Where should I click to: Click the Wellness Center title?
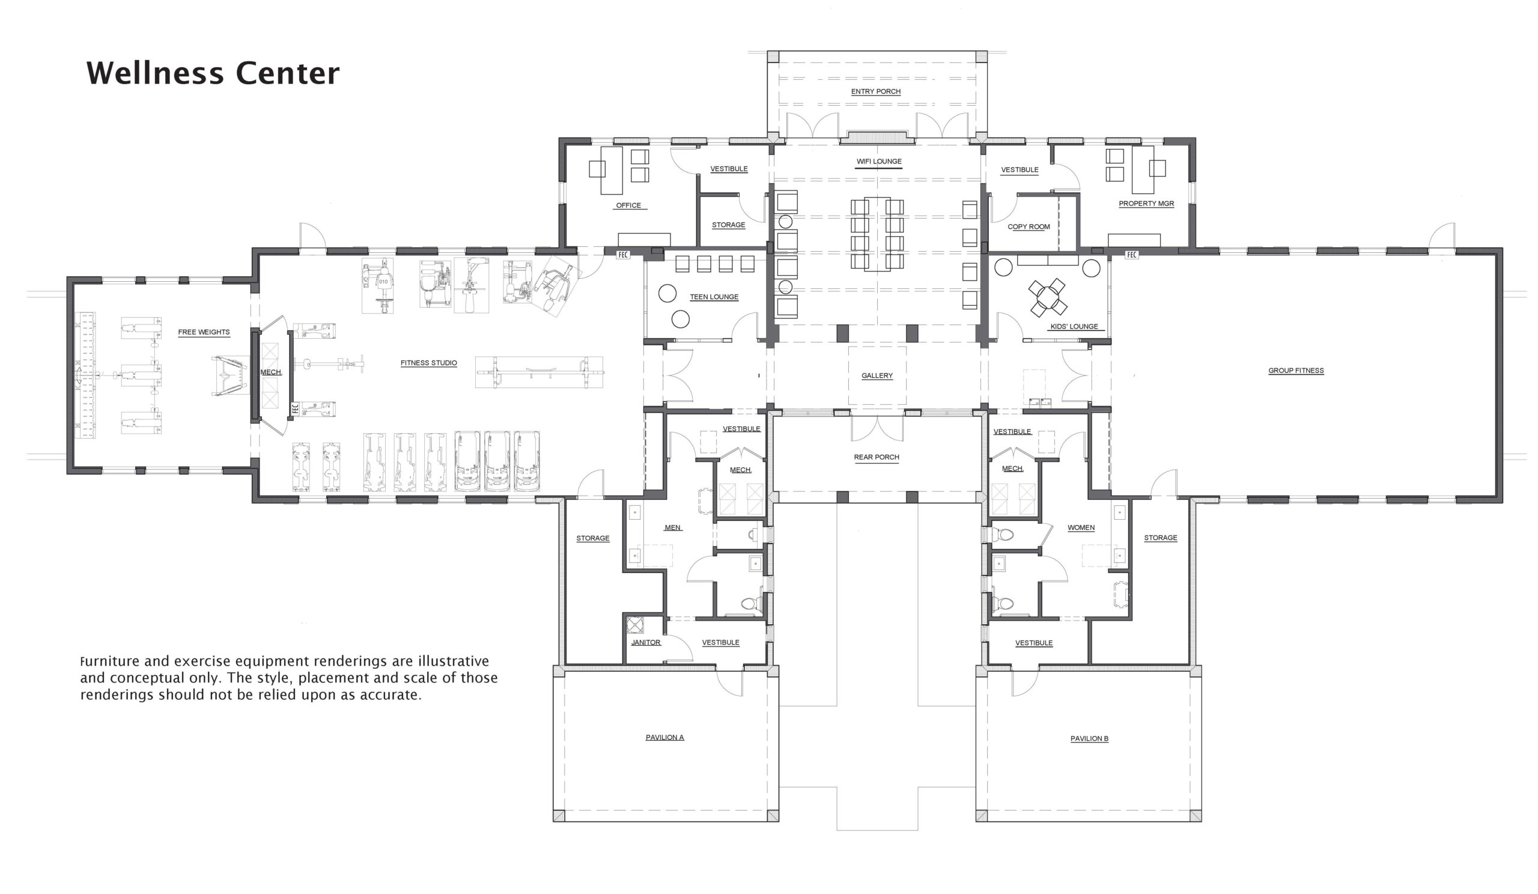click(213, 73)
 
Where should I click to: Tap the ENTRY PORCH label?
click(876, 91)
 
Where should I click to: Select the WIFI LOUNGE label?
click(879, 162)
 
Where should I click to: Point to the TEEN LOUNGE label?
click(714, 297)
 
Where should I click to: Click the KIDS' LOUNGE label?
click(1074, 326)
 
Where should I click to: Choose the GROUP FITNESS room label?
click(1296, 371)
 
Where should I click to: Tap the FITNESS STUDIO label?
click(428, 363)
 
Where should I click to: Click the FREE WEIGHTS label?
click(204, 333)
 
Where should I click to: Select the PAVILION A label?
click(664, 737)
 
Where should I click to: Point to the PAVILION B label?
click(1089, 738)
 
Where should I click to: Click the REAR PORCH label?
click(877, 457)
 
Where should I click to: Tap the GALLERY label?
click(877, 376)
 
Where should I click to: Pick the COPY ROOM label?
click(1029, 227)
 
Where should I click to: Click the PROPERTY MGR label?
click(1146, 204)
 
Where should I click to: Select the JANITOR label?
click(646, 643)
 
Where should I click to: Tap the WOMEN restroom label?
click(1081, 528)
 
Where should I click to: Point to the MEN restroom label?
click(672, 528)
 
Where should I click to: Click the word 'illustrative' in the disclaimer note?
click(453, 661)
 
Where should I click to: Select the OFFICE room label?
click(628, 205)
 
